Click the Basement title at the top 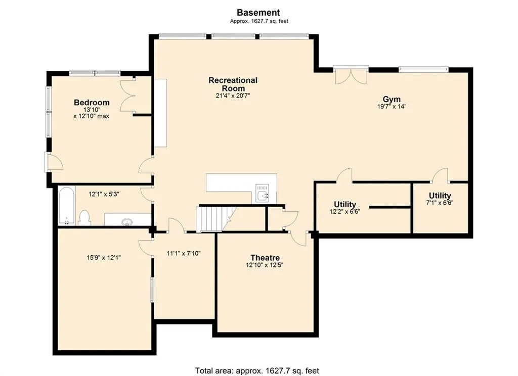tap(258, 13)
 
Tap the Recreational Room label tap(233, 84)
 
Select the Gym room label tap(392, 99)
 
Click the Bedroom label tap(92, 102)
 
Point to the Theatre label tap(265, 257)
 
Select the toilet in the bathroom tap(85, 218)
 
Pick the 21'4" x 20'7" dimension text tap(233, 96)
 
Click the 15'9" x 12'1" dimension tap(104, 257)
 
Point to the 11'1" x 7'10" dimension tap(184, 254)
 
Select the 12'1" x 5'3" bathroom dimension tap(104, 195)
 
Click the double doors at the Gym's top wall tap(351, 75)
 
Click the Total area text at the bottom tap(257, 371)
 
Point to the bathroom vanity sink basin tap(127, 222)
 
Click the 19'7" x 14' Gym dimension tap(392, 107)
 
